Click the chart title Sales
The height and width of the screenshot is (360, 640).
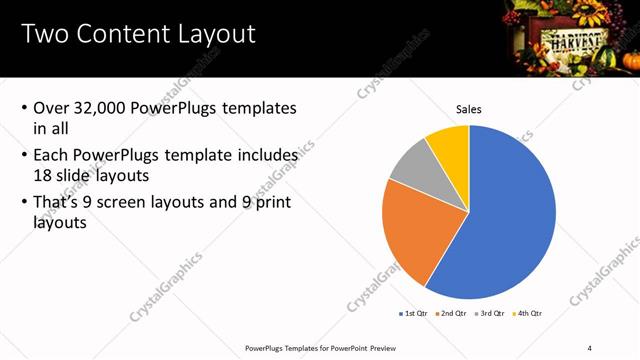(469, 108)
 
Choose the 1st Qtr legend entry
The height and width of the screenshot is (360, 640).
(414, 314)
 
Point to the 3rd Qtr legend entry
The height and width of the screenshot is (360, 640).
(490, 314)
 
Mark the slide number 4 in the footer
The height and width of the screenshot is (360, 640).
(590, 347)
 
